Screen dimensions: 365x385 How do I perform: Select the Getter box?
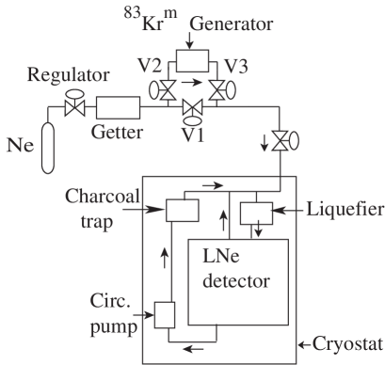116,110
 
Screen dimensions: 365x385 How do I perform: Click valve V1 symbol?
192,110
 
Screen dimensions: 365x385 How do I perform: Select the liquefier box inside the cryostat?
255,214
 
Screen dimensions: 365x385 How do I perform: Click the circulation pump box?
167,313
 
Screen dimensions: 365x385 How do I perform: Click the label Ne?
19,146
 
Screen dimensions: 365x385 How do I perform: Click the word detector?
238,280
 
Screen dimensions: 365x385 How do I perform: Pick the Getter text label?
118,133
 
